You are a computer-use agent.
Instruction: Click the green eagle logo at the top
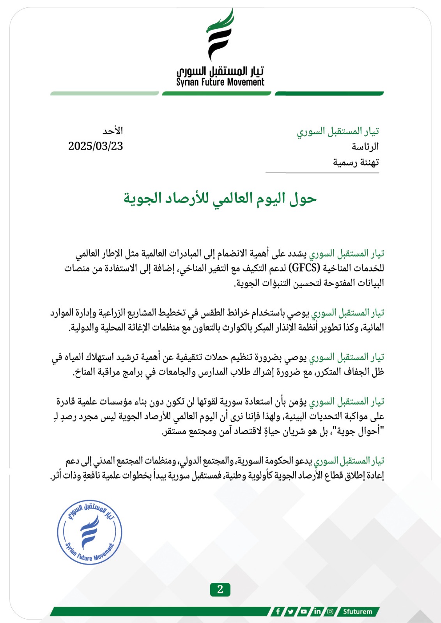220,34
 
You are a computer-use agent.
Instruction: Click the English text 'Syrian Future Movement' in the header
220,82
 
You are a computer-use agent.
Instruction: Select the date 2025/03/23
96,146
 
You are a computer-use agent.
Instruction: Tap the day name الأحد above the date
113,130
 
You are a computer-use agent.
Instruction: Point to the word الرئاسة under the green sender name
365,147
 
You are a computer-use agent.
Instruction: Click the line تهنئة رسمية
356,162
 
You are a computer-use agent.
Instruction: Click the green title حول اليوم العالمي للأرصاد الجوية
220,198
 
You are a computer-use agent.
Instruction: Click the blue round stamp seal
90,532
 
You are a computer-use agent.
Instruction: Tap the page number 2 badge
220,589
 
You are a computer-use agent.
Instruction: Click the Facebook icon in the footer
278,611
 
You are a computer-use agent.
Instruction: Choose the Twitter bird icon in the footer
291,611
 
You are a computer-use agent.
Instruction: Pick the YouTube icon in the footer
304,611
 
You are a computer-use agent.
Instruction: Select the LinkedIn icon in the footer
317,611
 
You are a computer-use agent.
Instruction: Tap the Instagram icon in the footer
330,611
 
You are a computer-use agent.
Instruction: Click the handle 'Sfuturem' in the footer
357,611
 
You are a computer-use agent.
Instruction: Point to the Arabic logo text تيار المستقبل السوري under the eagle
220,71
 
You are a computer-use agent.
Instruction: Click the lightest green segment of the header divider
104,93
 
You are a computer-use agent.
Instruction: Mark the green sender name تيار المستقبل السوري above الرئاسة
338,131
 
